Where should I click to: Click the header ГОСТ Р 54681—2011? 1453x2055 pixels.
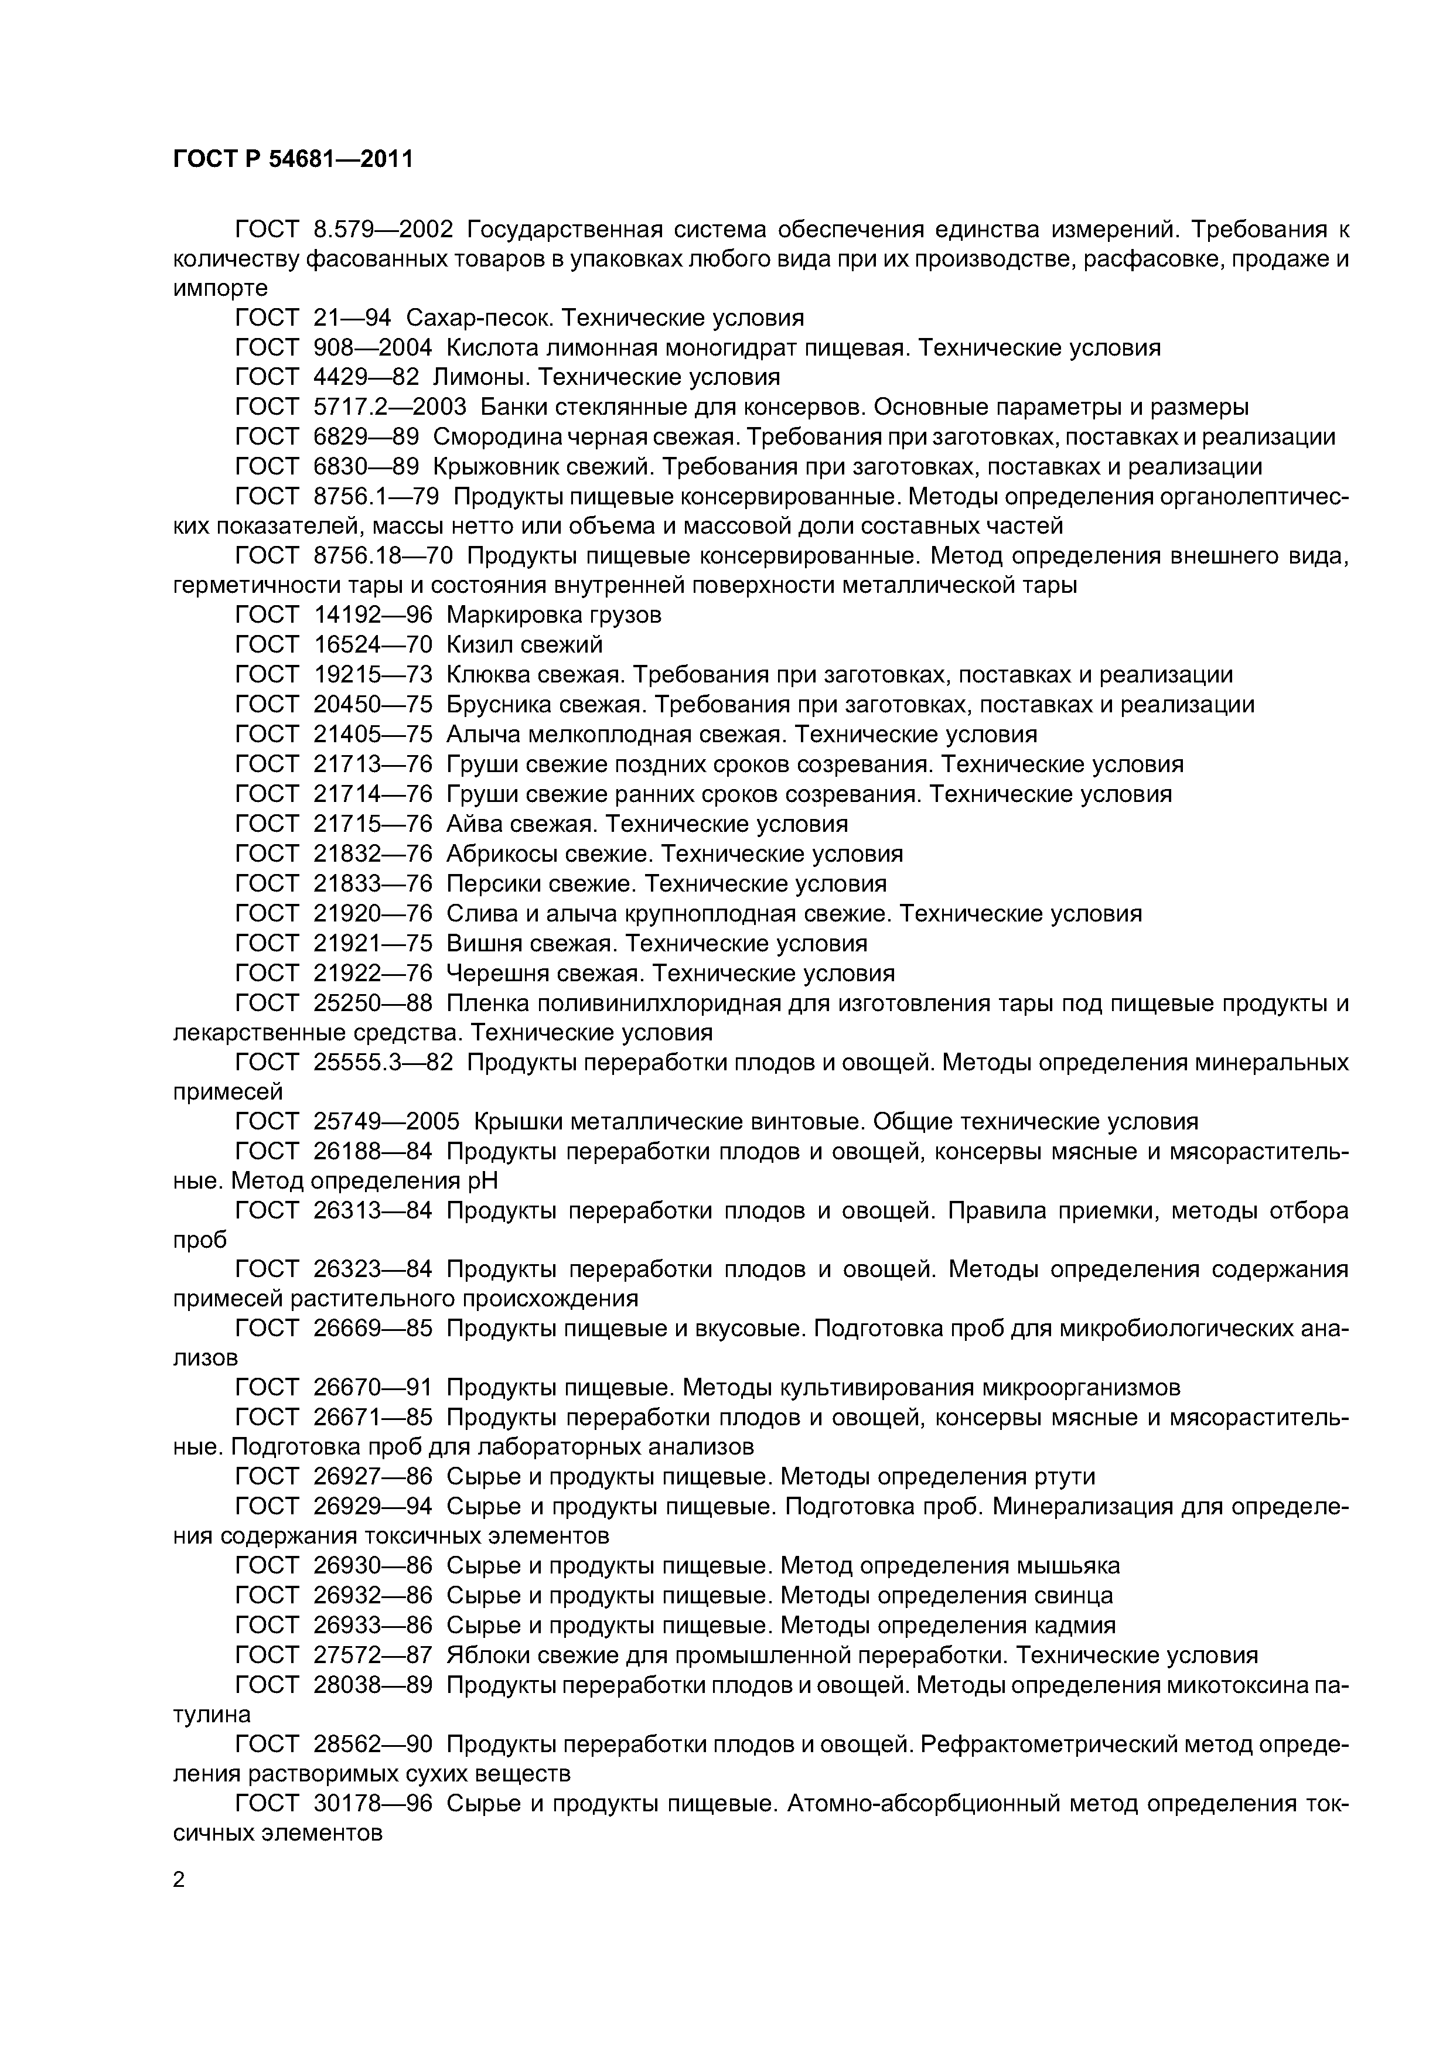click(x=293, y=159)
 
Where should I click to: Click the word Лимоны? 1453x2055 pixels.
click(x=479, y=377)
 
